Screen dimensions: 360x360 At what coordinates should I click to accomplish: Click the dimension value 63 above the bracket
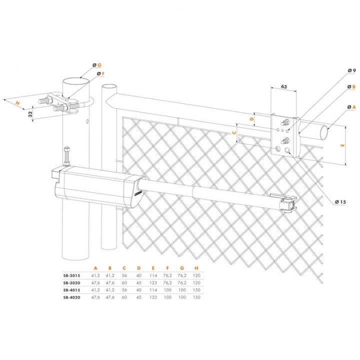pos(283,86)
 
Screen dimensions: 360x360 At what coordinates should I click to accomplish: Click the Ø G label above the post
pos(97,65)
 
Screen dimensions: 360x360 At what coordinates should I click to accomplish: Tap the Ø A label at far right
pos(350,106)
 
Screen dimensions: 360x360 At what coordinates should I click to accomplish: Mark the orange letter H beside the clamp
pos(18,103)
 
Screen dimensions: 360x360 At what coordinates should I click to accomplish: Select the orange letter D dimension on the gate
pos(252,120)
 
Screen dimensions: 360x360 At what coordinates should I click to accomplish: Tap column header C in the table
pos(124,267)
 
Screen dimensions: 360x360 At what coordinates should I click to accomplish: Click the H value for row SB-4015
pos(195,289)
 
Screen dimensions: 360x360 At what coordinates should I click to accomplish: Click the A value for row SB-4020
pos(95,297)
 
